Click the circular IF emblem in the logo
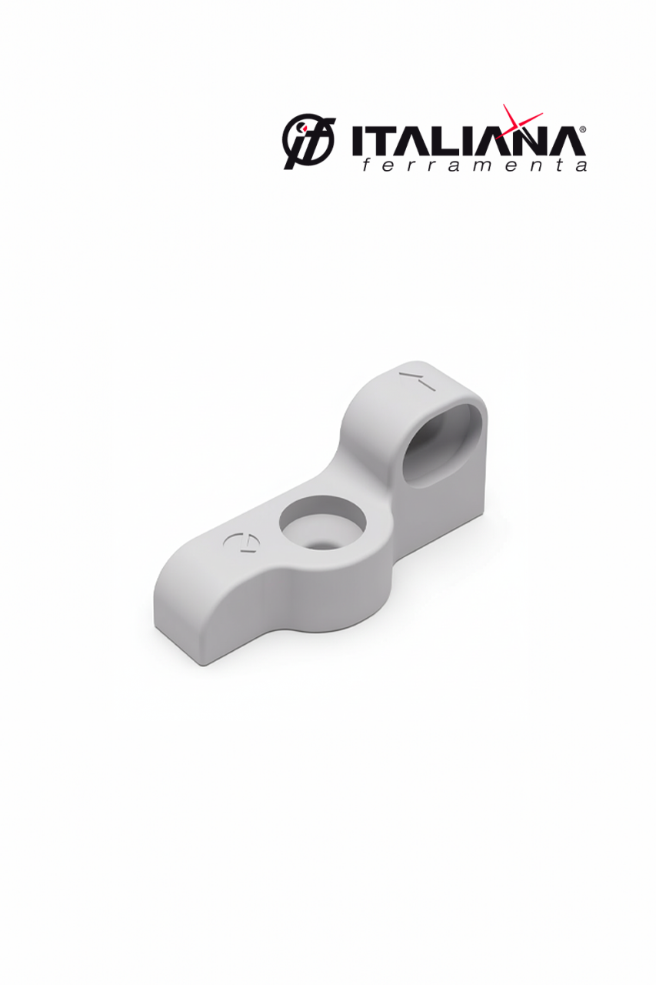[x=308, y=141]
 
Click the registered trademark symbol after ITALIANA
[x=582, y=130]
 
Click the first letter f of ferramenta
[x=366, y=165]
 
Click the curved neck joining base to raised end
[x=361, y=454]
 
